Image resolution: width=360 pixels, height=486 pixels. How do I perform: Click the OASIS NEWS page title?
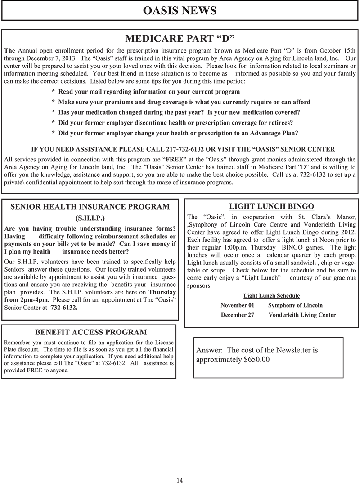click(180, 10)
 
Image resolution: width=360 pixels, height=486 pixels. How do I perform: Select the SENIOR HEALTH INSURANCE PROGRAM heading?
click(90, 207)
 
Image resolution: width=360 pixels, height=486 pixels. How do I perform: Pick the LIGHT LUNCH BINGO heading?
click(271, 206)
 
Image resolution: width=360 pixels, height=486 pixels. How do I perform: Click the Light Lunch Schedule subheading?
click(271, 295)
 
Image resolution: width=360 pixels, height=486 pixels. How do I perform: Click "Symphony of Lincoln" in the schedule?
click(295, 305)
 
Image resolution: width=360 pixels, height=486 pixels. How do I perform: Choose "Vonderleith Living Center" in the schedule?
click(302, 315)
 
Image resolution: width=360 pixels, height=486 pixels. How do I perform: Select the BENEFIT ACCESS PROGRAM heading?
click(91, 332)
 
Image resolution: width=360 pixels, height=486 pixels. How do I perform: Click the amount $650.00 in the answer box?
click(255, 360)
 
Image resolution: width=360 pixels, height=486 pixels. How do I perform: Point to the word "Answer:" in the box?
click(210, 350)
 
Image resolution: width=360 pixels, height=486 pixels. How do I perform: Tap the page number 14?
click(180, 480)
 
